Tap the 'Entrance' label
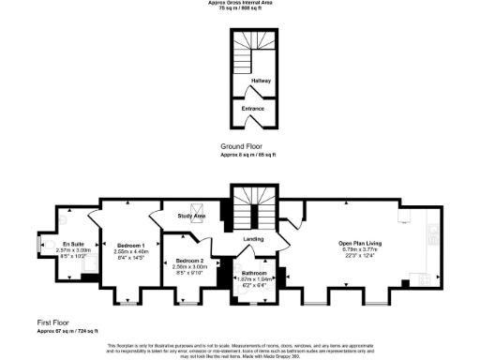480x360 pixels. pos(253,109)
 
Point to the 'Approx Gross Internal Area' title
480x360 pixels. pos(240,3)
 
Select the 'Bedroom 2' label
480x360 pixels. pos(189,261)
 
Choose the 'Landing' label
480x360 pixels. pos(253,238)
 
